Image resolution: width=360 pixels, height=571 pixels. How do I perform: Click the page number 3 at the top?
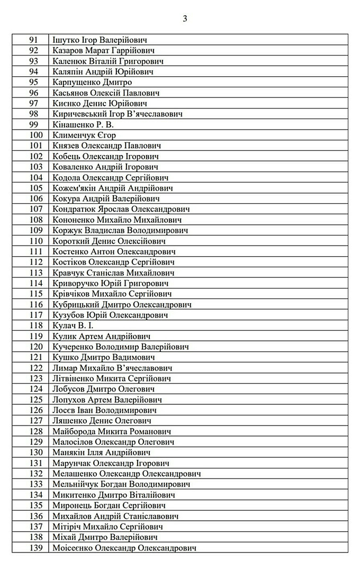[185, 19]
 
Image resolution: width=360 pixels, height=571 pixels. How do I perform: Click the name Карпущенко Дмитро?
[92, 82]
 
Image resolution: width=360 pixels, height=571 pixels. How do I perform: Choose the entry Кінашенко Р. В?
[83, 124]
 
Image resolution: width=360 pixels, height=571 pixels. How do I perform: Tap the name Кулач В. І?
[74, 325]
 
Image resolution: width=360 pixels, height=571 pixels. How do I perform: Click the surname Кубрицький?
[77, 304]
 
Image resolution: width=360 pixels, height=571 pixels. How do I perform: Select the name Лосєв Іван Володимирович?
[105, 410]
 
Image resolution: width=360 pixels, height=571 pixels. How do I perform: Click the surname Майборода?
[74, 431]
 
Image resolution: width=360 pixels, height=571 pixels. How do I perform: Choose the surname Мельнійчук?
[76, 484]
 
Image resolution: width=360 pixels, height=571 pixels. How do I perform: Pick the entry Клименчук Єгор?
[82, 135]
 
